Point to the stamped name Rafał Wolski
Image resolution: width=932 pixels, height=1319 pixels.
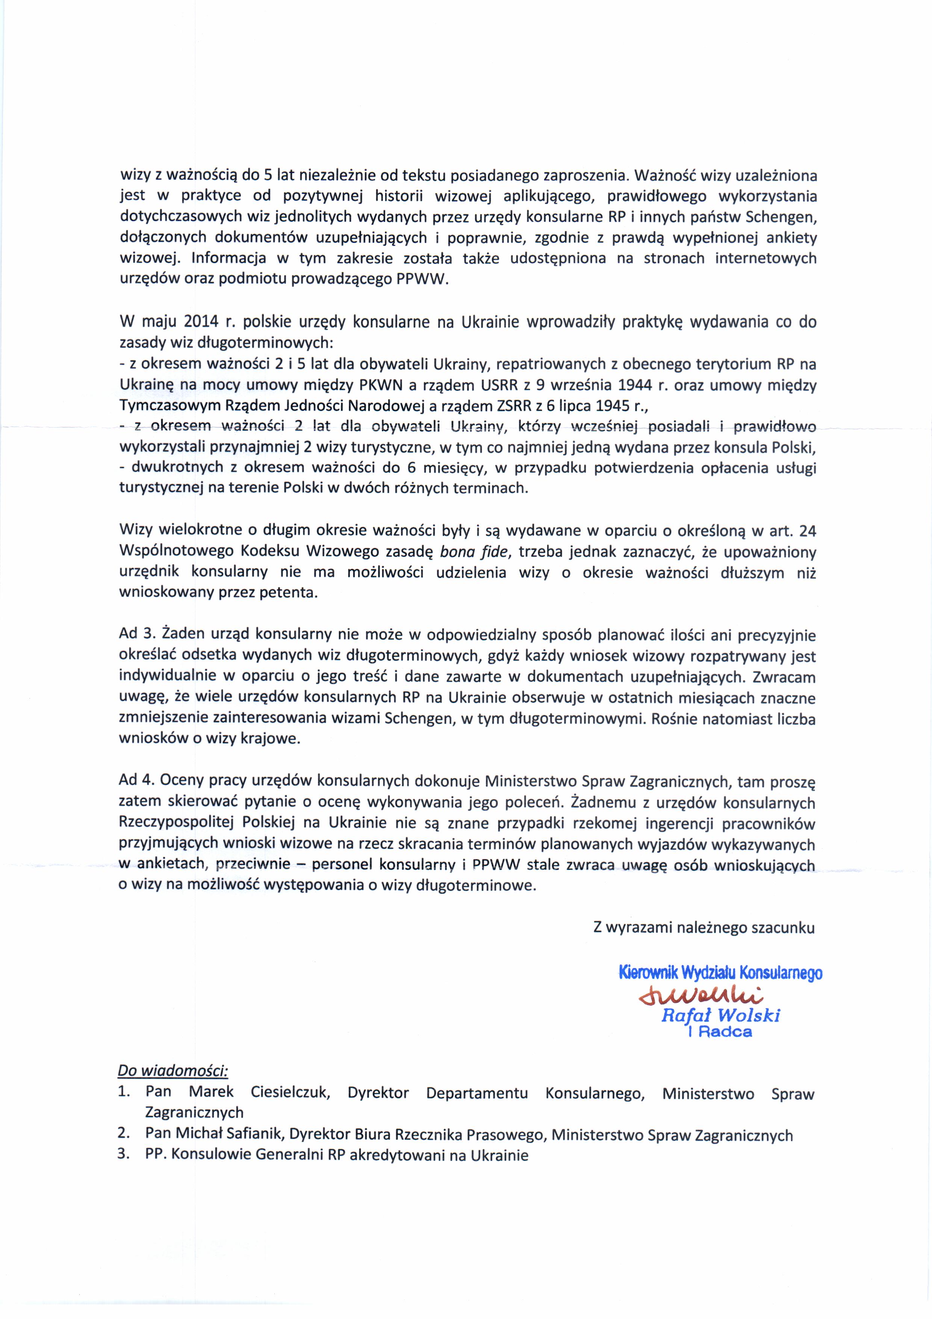pos(721,1016)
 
